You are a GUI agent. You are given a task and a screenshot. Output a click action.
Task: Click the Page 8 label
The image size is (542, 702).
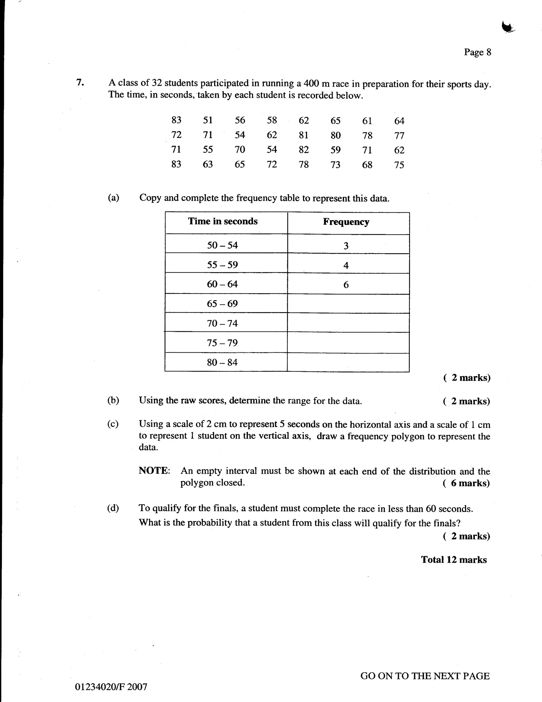(x=477, y=52)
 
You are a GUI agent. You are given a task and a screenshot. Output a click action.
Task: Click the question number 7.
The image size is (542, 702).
(x=80, y=83)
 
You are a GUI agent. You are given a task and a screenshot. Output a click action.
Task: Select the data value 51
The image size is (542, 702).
(x=208, y=120)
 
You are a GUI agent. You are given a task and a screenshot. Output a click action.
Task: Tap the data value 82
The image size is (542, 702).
(x=304, y=150)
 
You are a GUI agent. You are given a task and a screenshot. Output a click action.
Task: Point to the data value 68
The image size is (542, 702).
(x=367, y=165)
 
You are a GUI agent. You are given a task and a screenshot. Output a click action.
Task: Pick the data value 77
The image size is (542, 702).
(x=399, y=136)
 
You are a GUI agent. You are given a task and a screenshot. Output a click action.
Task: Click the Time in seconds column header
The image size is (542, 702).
(x=223, y=221)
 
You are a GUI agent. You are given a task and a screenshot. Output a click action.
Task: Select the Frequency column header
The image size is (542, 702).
(x=346, y=222)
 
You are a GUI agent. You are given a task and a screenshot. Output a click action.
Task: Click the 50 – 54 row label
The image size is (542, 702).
(x=222, y=245)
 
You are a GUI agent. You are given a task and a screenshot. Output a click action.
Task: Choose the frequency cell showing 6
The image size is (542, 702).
(x=346, y=285)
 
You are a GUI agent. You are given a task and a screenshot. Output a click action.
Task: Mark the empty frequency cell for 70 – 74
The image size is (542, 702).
(x=348, y=323)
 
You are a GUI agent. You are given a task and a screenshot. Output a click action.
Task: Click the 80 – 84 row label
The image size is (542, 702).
(x=222, y=363)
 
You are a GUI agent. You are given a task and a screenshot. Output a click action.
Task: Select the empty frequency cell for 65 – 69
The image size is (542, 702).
(x=348, y=304)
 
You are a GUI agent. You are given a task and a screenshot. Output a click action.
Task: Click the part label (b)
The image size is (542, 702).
(x=113, y=400)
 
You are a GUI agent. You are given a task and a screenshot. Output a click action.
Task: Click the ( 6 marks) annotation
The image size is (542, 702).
(x=466, y=483)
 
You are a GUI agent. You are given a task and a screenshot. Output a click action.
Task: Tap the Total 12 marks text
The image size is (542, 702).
(x=454, y=560)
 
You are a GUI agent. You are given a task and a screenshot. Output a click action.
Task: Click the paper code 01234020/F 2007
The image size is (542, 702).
(x=111, y=687)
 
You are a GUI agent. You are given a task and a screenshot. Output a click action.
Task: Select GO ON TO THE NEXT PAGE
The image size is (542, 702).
(x=425, y=676)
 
